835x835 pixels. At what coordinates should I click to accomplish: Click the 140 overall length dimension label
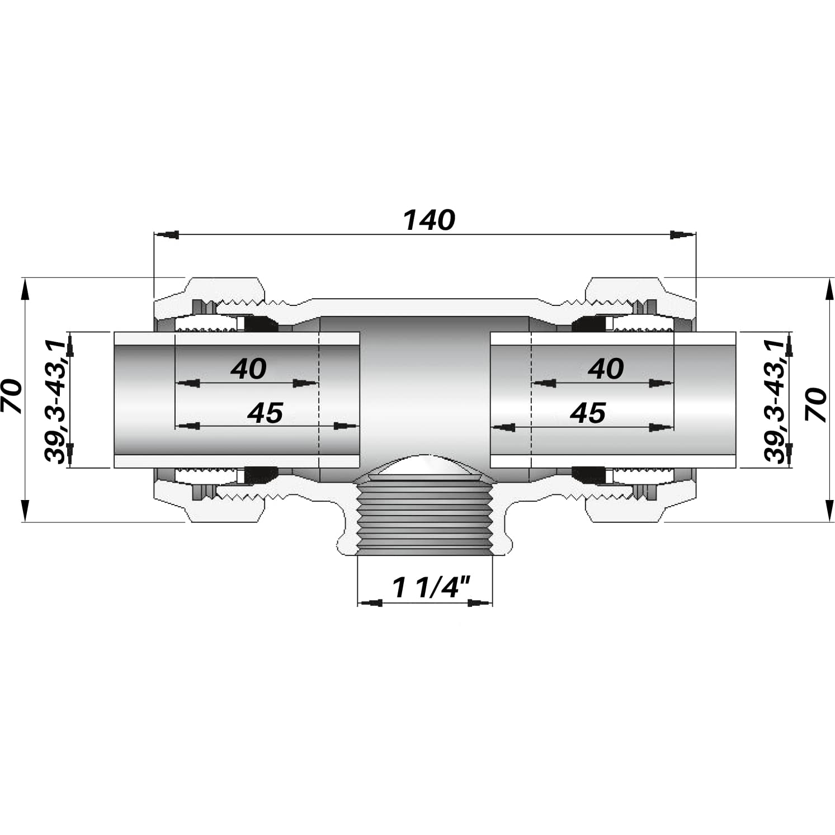pos(429,221)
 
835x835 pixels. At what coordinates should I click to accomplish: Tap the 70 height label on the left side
pos(12,396)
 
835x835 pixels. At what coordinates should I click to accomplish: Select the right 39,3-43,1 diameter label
pos(775,400)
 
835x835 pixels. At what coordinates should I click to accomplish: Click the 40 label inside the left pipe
pos(248,369)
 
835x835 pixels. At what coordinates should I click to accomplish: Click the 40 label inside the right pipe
pos(606,369)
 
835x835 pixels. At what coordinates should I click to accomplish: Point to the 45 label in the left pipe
pos(265,413)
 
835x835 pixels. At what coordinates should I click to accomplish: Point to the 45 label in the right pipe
pos(588,413)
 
